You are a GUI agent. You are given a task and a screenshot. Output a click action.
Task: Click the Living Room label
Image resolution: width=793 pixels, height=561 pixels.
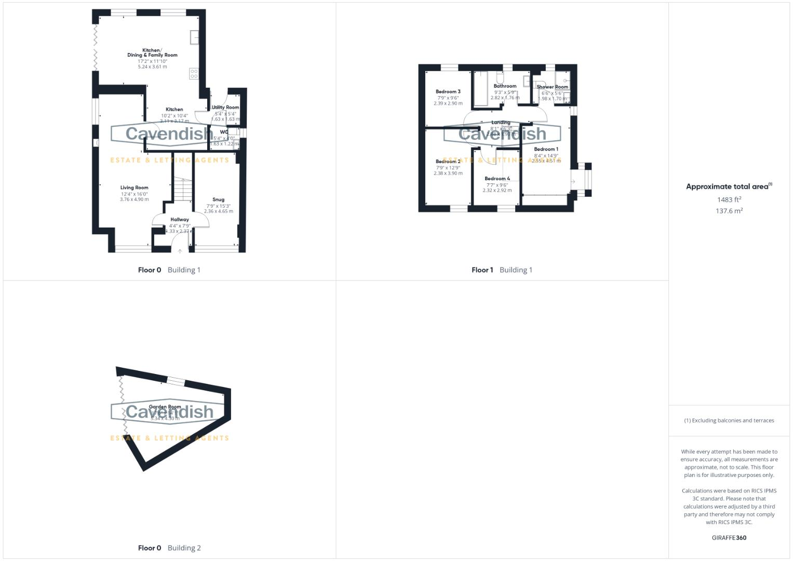pyautogui.click(x=134, y=188)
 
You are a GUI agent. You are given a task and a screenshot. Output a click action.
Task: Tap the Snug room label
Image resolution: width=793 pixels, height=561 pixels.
pyautogui.click(x=218, y=199)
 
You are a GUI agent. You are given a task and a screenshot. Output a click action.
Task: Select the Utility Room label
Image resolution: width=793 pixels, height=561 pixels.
pyautogui.click(x=225, y=108)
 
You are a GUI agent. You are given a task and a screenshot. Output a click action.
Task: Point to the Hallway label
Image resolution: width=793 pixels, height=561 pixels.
pyautogui.click(x=180, y=220)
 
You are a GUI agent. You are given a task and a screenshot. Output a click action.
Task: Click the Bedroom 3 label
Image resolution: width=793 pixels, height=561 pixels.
pyautogui.click(x=448, y=92)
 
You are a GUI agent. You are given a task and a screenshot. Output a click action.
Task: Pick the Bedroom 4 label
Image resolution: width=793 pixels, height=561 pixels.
pyautogui.click(x=497, y=179)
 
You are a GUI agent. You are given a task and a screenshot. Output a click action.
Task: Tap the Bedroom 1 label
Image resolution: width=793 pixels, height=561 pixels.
pyautogui.click(x=546, y=150)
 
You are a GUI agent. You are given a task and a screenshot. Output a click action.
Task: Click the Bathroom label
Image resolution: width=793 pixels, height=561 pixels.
pyautogui.click(x=505, y=86)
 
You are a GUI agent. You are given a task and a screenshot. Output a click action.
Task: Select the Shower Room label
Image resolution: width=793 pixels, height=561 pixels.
pyautogui.click(x=552, y=87)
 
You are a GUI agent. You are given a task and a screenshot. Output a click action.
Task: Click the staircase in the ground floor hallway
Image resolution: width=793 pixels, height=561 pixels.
pyautogui.click(x=182, y=189)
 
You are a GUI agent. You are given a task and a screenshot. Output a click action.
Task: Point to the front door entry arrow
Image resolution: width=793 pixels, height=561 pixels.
pyautogui.click(x=180, y=251)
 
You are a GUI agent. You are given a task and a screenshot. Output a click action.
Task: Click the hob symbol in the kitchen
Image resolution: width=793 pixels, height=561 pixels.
pyautogui.click(x=194, y=74)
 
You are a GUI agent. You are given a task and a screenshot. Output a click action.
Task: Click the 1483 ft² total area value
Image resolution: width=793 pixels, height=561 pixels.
pyautogui.click(x=729, y=199)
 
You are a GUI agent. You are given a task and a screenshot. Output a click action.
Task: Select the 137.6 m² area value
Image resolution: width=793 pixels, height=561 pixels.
pyautogui.click(x=729, y=211)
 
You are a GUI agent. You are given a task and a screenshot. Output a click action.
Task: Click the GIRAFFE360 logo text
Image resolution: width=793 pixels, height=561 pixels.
pyautogui.click(x=729, y=538)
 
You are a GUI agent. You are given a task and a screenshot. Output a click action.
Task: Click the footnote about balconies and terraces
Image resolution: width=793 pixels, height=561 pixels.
pyautogui.click(x=729, y=421)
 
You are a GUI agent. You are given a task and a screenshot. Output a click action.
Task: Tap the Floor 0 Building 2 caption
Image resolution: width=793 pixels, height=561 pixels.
pyautogui.click(x=169, y=548)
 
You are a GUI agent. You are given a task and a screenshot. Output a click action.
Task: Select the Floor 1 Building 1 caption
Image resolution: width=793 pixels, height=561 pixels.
pyautogui.click(x=502, y=270)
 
